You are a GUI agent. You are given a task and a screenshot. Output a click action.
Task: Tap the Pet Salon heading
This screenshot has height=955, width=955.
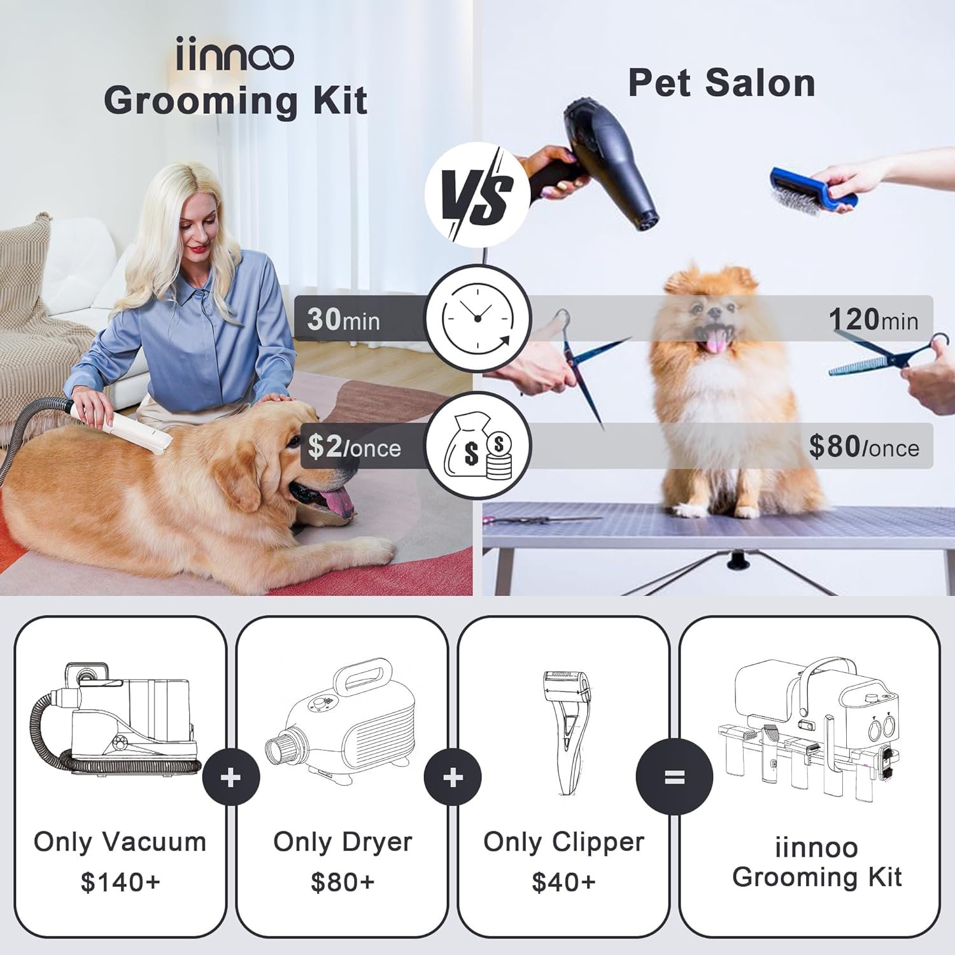(x=721, y=83)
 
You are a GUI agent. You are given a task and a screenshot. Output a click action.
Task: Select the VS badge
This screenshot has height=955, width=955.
(x=478, y=194)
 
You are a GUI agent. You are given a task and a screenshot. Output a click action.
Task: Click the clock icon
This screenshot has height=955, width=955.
(x=478, y=318)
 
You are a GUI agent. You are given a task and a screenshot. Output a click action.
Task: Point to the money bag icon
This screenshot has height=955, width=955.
(x=478, y=446)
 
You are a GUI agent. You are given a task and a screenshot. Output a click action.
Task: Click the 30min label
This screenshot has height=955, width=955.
(x=343, y=319)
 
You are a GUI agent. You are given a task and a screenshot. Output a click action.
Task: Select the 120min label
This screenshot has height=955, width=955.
(x=874, y=319)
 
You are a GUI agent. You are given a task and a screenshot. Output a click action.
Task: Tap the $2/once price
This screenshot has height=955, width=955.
(x=355, y=447)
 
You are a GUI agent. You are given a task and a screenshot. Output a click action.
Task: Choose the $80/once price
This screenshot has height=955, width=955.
(x=864, y=447)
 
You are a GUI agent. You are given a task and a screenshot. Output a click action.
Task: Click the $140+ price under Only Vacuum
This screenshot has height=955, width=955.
(x=120, y=882)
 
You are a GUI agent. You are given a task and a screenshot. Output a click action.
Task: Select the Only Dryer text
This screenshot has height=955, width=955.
(x=343, y=842)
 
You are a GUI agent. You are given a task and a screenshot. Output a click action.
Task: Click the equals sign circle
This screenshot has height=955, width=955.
(x=674, y=777)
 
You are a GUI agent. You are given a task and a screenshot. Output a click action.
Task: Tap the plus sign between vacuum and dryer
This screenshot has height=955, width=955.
(x=231, y=777)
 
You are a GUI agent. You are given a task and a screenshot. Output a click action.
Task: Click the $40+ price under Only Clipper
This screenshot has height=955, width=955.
(x=563, y=882)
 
